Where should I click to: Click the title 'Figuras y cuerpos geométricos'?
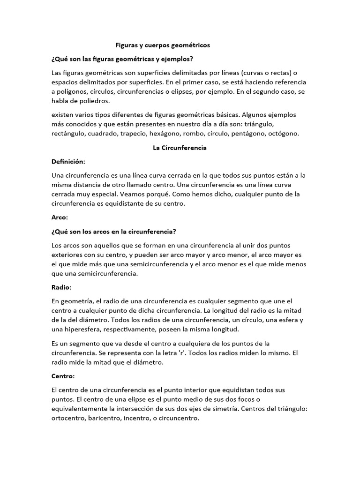pyautogui.click(x=163, y=45)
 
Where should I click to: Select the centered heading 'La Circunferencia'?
pyautogui.click(x=180, y=148)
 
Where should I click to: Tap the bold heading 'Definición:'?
pyautogui.click(x=68, y=161)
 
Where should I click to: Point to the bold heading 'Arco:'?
pyautogui.click(x=60, y=217)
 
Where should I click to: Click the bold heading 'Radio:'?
pyautogui.click(x=61, y=287)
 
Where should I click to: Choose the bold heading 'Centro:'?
pyautogui.click(x=63, y=376)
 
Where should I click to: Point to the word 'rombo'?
pyautogui.click(x=193, y=134)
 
